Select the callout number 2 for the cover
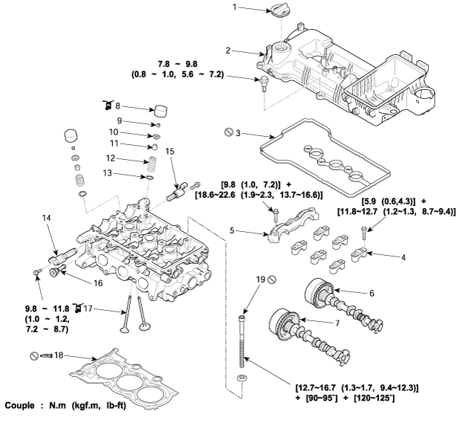pos(228,51)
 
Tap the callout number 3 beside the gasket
pos(238,132)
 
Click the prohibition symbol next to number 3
pos(229,132)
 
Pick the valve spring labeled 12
pos(152,164)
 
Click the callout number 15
pos(170,152)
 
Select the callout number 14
pos(47,218)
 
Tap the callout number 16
pos(98,283)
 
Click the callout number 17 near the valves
pos(88,309)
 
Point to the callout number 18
pos(59,355)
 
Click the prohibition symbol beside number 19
pos(272,280)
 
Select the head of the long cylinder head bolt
pos(242,319)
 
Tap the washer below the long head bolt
pos(241,378)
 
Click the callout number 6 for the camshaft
pos(371,294)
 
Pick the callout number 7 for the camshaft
pos(337,323)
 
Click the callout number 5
pos(232,230)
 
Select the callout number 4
pos(403,257)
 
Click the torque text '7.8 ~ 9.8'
pos(178,64)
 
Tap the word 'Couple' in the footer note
pos(19,405)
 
